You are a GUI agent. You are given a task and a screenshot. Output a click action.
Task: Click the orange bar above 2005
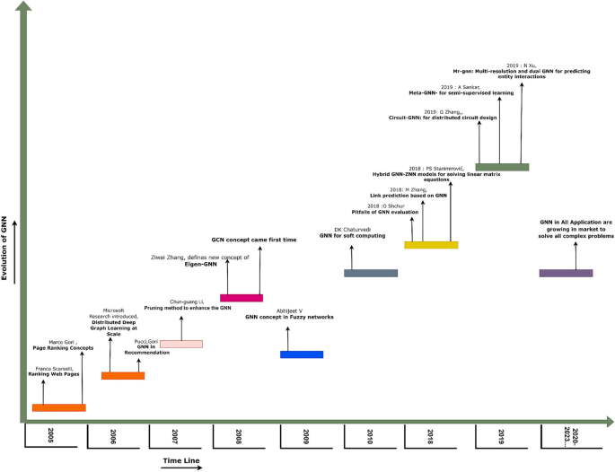point(58,407)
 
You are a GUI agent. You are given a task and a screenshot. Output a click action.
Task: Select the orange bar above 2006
point(123,375)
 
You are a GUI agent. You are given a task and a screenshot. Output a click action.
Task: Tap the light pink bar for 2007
point(181,344)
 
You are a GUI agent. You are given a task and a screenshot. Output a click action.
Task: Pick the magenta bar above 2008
point(242,298)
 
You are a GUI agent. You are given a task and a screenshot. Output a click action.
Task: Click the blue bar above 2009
point(302,354)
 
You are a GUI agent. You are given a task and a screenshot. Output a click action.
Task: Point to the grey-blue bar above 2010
point(371,273)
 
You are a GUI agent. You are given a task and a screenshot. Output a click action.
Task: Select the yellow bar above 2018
point(432,245)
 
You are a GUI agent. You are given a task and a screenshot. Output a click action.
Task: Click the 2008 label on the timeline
point(240,436)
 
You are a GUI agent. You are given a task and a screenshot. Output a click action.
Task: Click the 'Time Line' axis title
point(180,461)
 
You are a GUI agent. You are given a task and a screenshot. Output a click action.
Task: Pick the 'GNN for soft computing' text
point(352,235)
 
